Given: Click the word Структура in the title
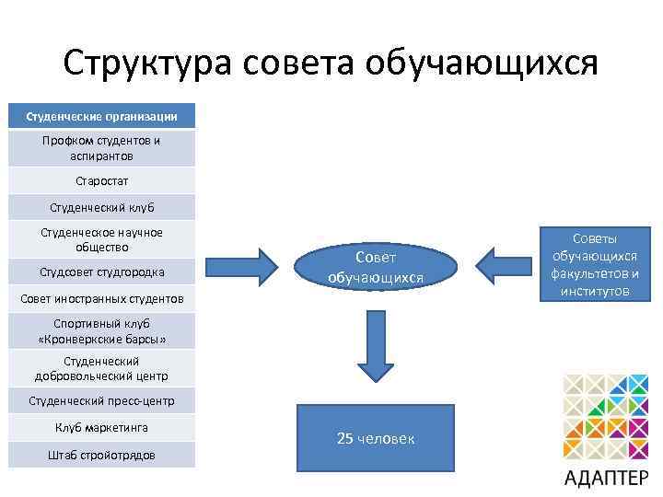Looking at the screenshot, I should click(149, 63).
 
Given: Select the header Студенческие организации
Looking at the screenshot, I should click(101, 117).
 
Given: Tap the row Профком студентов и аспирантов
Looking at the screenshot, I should click(101, 148).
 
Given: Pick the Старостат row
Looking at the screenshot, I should click(101, 180).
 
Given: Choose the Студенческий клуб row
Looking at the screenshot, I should click(101, 207).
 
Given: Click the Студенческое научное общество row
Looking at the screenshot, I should click(101, 239).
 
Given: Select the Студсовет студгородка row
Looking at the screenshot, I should click(101, 272).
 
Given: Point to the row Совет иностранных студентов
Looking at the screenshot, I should click(101, 299).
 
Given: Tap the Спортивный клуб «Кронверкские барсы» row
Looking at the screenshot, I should click(101, 331).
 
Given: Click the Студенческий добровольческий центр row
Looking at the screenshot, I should click(101, 368).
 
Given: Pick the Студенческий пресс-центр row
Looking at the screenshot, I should click(101, 401).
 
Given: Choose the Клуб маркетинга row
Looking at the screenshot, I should click(101, 427).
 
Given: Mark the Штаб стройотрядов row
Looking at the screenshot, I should click(101, 455).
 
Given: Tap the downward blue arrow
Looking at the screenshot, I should click(376, 345).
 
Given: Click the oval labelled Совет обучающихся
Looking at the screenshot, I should click(376, 267).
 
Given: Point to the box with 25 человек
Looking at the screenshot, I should click(376, 438).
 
